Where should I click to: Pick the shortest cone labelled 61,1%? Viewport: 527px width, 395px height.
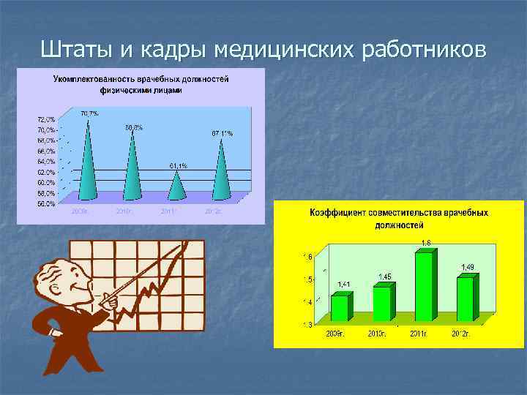176,186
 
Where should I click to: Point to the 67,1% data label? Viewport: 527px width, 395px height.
222,133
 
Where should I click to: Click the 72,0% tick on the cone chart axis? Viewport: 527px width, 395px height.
45,118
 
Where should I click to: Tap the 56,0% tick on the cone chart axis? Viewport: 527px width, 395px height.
45,203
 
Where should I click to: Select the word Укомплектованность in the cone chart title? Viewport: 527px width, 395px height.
92,79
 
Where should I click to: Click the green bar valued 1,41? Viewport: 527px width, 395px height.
340,307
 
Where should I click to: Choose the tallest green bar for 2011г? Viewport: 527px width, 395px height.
425,285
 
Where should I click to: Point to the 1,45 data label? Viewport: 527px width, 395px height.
384,276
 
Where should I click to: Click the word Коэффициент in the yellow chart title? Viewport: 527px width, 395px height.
337,213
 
